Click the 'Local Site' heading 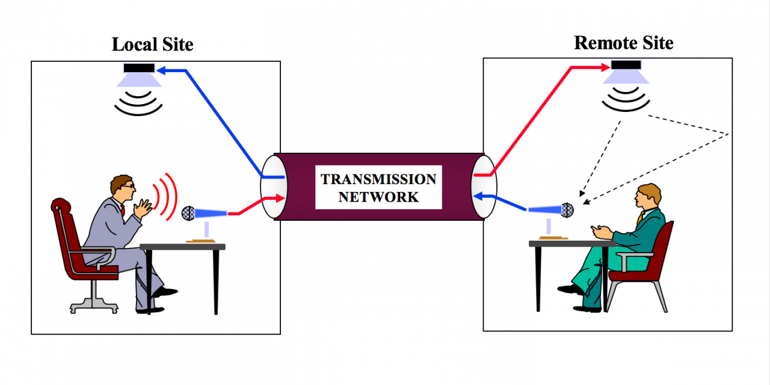[x=153, y=45]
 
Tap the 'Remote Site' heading [x=624, y=43]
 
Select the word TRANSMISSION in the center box [x=378, y=179]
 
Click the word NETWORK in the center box [x=378, y=197]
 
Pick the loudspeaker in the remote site [x=626, y=72]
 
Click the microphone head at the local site [x=188, y=212]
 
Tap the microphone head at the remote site [x=567, y=210]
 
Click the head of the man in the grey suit [x=123, y=188]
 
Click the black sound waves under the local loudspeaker [x=139, y=104]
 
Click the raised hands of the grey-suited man [x=144, y=208]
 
